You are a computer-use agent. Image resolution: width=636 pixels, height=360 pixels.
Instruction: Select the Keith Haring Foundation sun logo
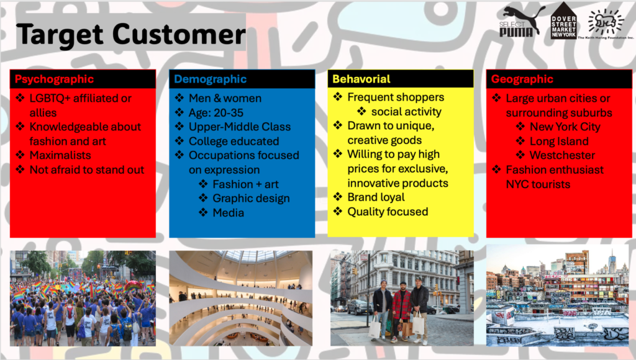click(606, 22)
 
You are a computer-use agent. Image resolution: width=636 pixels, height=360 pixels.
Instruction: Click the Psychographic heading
click(55, 79)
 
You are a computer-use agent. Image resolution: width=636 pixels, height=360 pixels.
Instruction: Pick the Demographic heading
click(210, 79)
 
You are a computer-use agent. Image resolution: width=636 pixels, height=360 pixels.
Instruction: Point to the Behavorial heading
click(361, 79)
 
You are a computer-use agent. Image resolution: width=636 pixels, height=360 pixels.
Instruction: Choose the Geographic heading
click(522, 79)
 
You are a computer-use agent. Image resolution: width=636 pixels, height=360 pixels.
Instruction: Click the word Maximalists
click(60, 155)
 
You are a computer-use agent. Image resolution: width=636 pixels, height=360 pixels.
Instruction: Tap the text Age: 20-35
click(216, 113)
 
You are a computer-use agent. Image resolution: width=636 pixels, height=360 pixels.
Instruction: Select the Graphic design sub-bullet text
click(251, 198)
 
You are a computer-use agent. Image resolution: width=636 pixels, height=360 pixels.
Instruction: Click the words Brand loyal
click(376, 197)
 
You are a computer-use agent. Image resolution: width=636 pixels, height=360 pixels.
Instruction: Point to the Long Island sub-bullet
click(559, 141)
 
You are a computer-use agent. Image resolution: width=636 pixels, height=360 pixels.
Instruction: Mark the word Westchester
click(562, 155)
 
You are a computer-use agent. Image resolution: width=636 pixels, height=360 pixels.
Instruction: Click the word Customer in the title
click(179, 34)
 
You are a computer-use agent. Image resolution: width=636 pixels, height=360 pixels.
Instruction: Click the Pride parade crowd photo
click(83, 299)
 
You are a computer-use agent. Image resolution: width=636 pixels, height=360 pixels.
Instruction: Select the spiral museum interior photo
click(241, 299)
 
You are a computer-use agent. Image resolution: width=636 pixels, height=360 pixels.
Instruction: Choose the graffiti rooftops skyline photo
click(557, 295)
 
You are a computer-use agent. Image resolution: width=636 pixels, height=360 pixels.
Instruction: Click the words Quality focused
click(388, 212)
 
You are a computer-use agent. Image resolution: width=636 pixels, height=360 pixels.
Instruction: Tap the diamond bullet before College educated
click(179, 141)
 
